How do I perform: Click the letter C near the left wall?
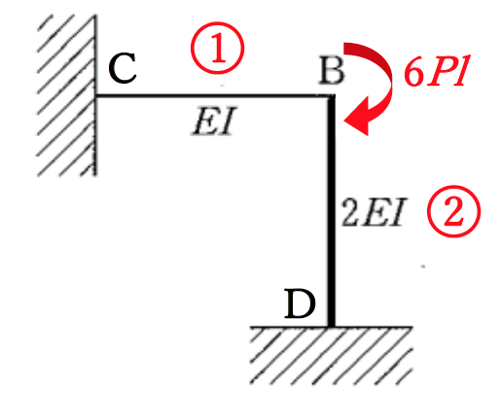coord(123,68)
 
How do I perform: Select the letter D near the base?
coord(300,304)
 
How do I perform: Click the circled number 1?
coord(217,48)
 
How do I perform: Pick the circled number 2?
coord(453,211)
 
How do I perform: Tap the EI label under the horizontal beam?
coord(213,121)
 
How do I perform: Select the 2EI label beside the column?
coord(373,213)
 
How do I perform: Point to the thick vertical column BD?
coord(331,211)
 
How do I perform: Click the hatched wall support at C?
coord(66,95)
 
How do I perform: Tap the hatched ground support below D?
coord(331,355)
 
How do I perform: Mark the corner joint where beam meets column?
coord(331,95)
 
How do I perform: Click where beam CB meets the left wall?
coord(96,95)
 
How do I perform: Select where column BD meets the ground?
coord(331,327)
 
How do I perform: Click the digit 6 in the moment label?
coord(414,73)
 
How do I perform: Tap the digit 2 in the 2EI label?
coord(350,213)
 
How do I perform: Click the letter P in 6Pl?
coord(441,72)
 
